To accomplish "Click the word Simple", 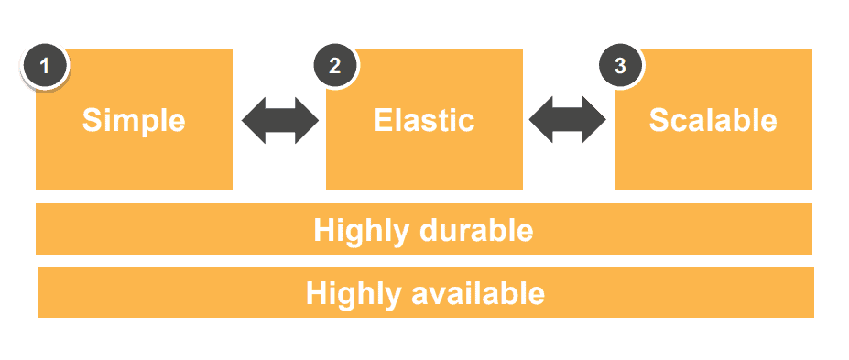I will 134,120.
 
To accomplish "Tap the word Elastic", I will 424,120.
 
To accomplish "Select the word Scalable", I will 713,120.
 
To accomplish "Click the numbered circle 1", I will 44,67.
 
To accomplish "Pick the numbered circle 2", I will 335,67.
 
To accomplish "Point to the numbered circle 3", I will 621,67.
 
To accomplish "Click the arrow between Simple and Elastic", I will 279,120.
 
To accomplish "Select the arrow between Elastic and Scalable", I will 568,120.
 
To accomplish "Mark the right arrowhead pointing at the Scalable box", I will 594,120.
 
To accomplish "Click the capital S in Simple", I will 92,120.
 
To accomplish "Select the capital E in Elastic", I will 383,120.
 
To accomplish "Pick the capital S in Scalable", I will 659,120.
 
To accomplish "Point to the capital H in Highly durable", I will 323,229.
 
